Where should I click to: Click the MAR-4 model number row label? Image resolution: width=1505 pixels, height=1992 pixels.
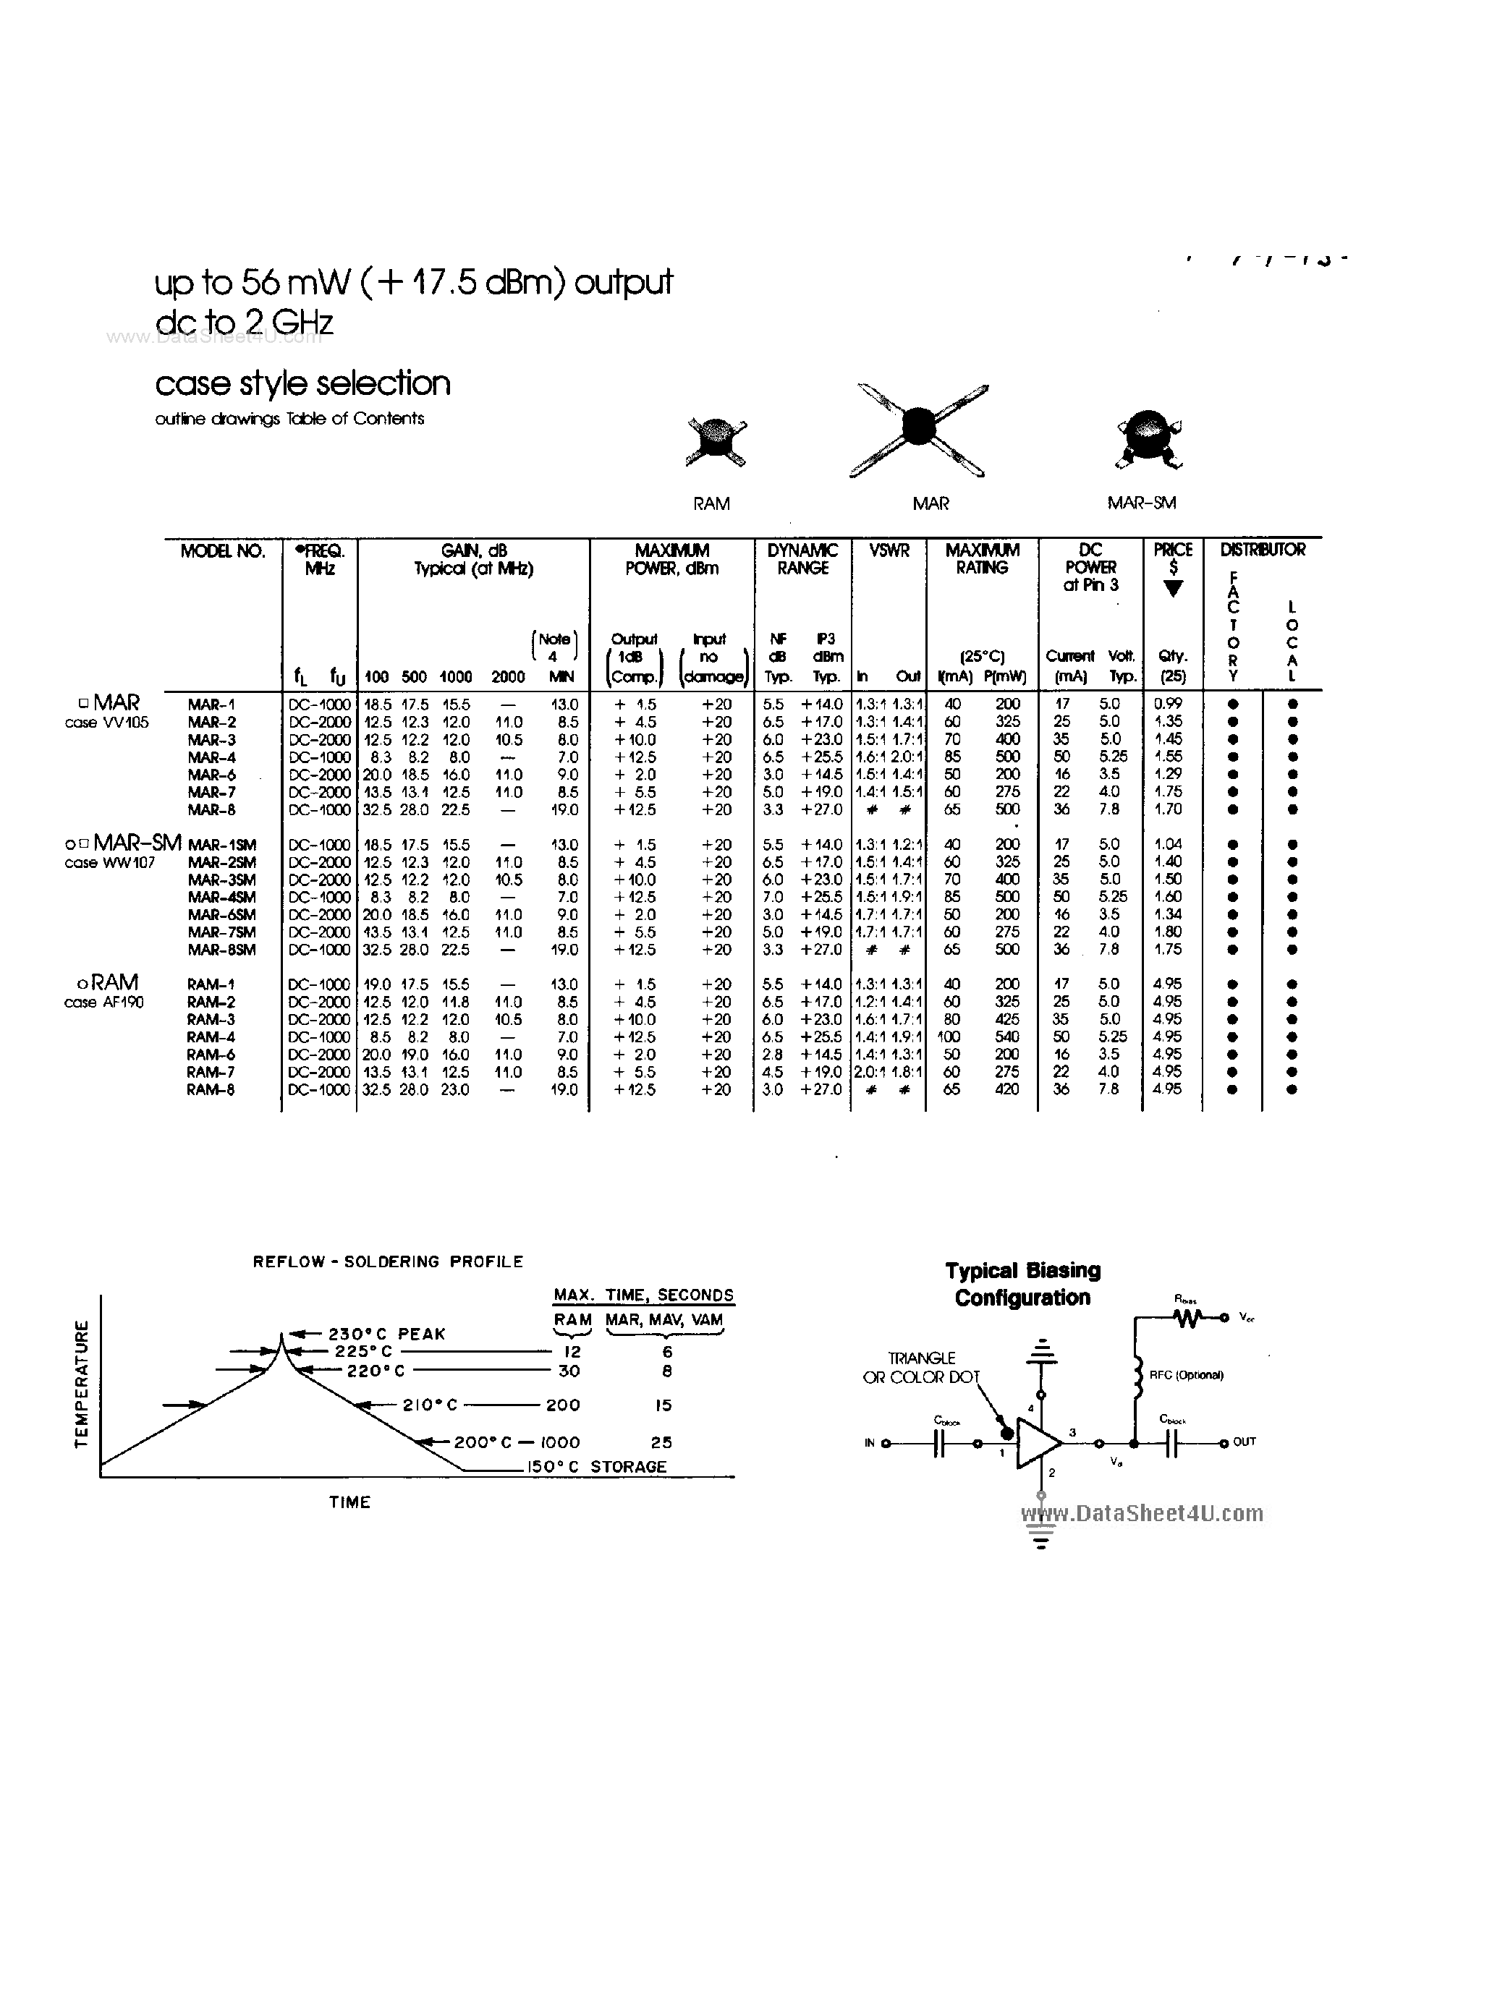pyautogui.click(x=212, y=757)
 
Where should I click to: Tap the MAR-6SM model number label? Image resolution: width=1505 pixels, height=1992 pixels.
pyautogui.click(x=221, y=915)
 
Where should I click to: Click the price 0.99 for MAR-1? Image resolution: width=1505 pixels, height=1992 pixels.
pyautogui.click(x=1167, y=703)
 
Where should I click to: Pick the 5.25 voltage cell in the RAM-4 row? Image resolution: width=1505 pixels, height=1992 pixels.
pyautogui.click(x=1114, y=1037)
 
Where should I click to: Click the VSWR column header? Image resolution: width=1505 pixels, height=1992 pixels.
pyautogui.click(x=889, y=550)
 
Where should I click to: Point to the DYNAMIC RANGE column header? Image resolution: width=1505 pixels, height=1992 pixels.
pyautogui.click(x=802, y=558)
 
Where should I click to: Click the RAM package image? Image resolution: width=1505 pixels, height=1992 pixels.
pyautogui.click(x=716, y=441)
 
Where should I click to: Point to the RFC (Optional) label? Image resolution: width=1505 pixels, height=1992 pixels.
pyautogui.click(x=1186, y=1375)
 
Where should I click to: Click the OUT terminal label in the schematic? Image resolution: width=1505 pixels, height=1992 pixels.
pyautogui.click(x=1244, y=1442)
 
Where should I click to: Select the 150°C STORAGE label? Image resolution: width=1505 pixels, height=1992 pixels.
pyautogui.click(x=596, y=1466)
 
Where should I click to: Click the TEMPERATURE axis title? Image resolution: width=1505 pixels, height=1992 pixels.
pyautogui.click(x=82, y=1385)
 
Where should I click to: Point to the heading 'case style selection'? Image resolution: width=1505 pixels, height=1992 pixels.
pyautogui.click(x=302, y=383)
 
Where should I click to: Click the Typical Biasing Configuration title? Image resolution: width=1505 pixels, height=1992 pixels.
pyautogui.click(x=1022, y=1284)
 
